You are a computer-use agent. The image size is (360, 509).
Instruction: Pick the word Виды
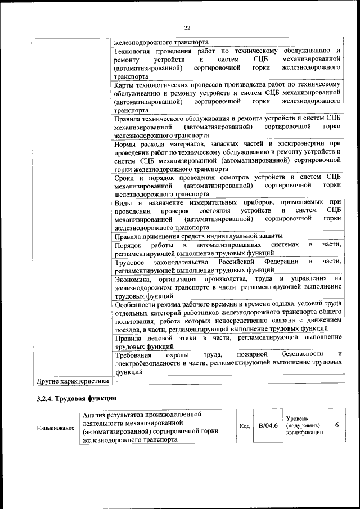click(x=123, y=202)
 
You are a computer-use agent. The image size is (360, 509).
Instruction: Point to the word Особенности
click(x=137, y=304)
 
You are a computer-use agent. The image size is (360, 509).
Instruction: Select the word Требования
click(x=134, y=354)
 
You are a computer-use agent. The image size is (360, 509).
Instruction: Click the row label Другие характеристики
click(x=72, y=381)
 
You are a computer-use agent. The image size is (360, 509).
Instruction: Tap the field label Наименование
click(x=55, y=428)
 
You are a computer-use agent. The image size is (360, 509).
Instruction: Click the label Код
click(x=245, y=426)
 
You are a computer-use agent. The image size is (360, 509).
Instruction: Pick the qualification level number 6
click(x=336, y=425)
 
